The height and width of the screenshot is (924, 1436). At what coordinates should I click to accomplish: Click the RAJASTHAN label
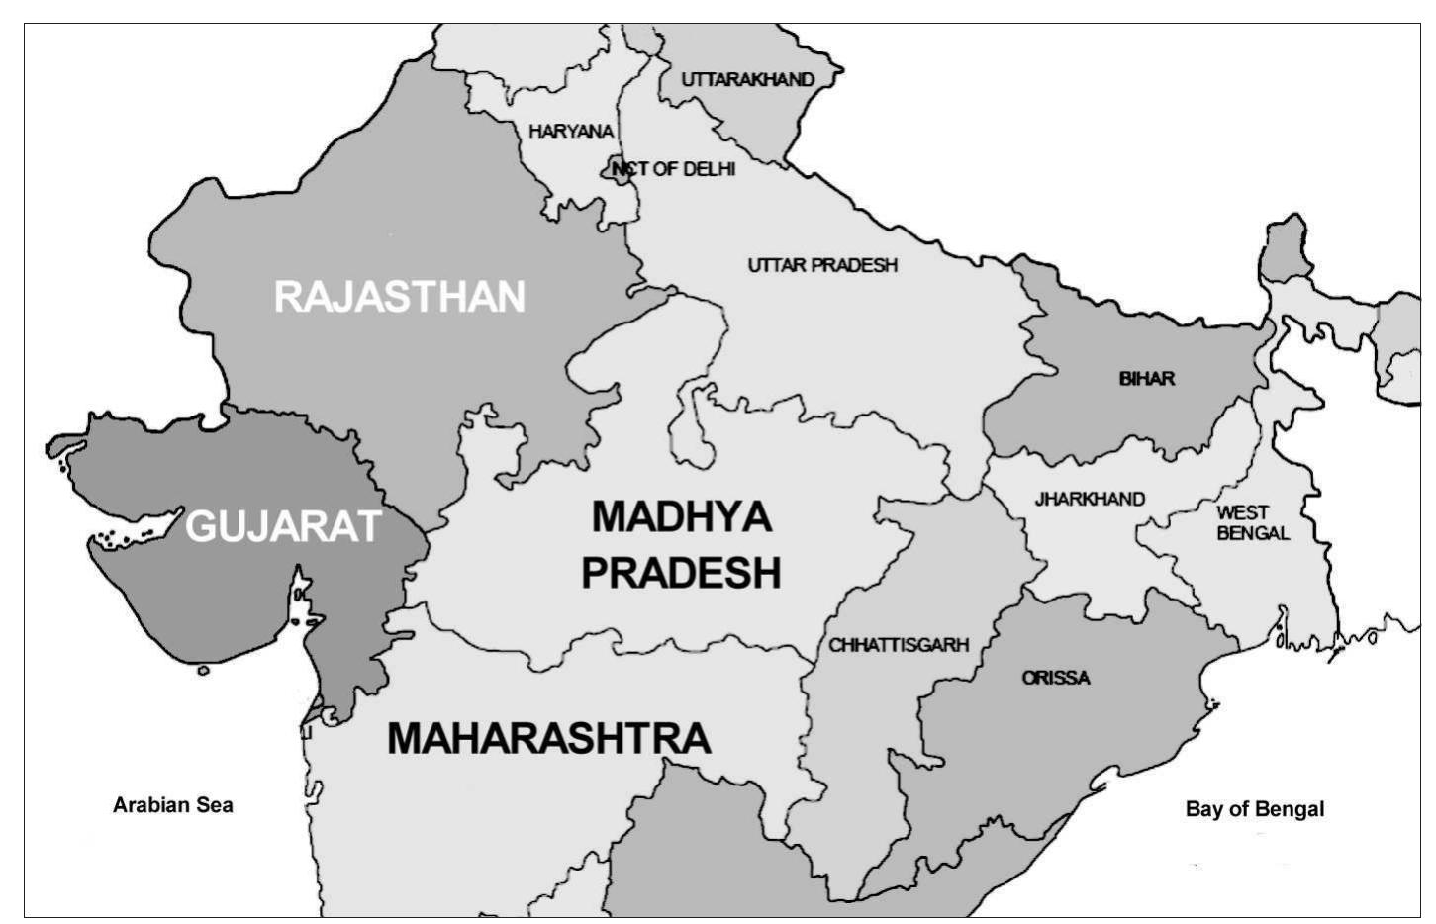(399, 297)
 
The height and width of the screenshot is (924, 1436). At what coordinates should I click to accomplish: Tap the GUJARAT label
(283, 525)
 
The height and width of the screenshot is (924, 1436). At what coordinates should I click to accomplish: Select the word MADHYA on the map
(681, 516)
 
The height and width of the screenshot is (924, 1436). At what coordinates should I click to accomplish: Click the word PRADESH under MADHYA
(681, 573)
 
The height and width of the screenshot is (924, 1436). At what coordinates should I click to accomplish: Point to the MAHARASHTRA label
(548, 738)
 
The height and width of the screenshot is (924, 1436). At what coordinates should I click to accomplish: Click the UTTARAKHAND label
(747, 79)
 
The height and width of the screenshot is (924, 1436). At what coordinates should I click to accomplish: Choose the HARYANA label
(571, 131)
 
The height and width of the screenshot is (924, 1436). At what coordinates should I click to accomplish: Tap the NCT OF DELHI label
(674, 169)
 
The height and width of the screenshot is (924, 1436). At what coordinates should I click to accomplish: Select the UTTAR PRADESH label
(822, 265)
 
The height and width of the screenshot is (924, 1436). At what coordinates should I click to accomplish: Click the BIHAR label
(1147, 378)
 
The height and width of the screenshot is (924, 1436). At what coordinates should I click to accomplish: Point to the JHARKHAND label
(1090, 499)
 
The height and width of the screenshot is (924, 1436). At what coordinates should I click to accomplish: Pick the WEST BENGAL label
(1252, 522)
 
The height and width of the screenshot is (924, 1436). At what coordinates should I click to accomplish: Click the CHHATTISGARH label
(899, 646)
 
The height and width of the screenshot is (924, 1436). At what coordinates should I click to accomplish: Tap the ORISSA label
(1056, 678)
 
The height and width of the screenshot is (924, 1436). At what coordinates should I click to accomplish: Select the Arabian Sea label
(173, 805)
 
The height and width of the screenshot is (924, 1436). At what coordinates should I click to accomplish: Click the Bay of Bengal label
(1254, 809)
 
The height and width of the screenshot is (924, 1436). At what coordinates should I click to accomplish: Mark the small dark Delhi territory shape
(616, 169)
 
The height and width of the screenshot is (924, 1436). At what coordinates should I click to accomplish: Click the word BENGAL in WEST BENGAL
(1253, 533)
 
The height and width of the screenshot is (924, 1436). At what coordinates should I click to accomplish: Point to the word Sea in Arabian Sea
(214, 805)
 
